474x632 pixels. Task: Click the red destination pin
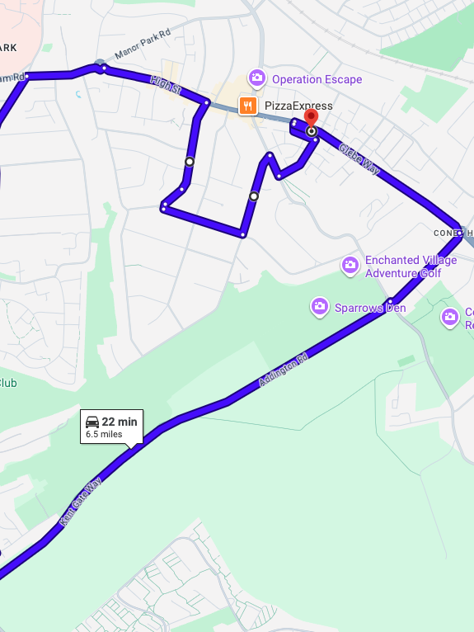click(x=311, y=118)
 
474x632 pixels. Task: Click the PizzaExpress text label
click(x=298, y=106)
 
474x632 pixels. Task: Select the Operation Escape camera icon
click(x=257, y=78)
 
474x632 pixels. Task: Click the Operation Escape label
click(x=317, y=79)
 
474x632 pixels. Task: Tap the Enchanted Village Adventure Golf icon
click(x=350, y=266)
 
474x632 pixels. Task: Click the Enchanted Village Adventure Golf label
click(x=410, y=266)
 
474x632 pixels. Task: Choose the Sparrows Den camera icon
click(x=320, y=308)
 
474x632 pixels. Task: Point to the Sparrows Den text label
click(x=370, y=309)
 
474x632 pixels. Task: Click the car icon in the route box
click(x=92, y=422)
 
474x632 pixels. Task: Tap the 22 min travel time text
click(x=120, y=422)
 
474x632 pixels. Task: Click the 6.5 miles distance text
click(x=104, y=434)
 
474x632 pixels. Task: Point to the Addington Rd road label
click(x=283, y=370)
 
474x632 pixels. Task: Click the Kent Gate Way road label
click(x=80, y=501)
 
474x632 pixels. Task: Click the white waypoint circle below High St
click(x=190, y=162)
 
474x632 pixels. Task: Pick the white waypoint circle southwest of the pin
click(x=254, y=196)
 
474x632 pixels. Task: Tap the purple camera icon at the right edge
click(x=450, y=316)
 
